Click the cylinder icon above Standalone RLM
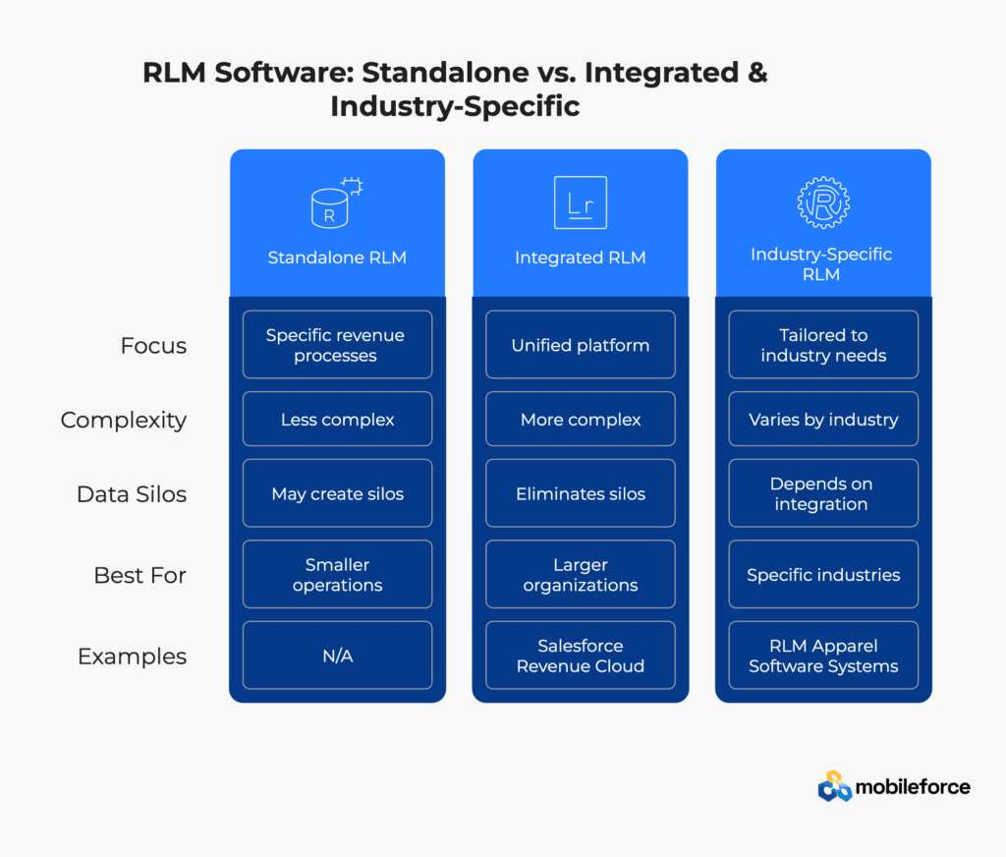click(336, 202)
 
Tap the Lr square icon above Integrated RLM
click(580, 202)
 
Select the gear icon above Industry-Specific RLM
click(823, 202)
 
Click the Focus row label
click(153, 345)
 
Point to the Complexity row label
click(124, 421)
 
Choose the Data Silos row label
click(132, 494)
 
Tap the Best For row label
click(140, 575)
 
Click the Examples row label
click(133, 657)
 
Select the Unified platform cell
click(581, 345)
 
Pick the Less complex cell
click(338, 420)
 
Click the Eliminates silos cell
click(581, 493)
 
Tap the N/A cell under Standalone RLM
click(338, 656)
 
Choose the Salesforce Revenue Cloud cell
click(581, 656)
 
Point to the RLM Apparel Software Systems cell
click(823, 656)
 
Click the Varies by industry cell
click(823, 420)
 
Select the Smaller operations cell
click(338, 575)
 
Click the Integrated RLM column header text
click(581, 257)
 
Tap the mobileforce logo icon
click(835, 786)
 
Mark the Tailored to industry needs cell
click(823, 345)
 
